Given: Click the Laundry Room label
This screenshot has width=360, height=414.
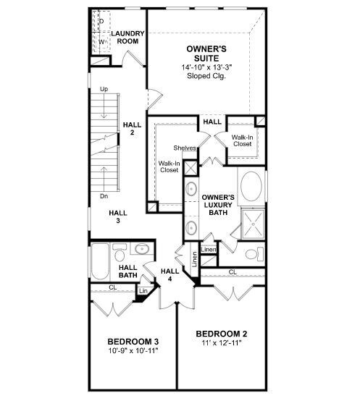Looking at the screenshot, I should (127, 37).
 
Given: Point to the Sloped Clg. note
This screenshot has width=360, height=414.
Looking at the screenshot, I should (208, 75).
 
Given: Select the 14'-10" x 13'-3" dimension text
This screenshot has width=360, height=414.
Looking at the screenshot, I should (208, 67).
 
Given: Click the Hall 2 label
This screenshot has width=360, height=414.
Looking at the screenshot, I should (131, 128).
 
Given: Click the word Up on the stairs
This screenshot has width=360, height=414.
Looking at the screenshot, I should (104, 89).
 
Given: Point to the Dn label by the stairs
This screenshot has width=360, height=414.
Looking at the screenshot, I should (104, 196).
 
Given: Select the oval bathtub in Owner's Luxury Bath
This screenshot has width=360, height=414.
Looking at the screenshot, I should (252, 186).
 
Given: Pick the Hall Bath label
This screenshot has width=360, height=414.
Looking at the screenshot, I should (128, 271).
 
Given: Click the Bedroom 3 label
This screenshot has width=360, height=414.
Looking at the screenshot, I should (133, 342).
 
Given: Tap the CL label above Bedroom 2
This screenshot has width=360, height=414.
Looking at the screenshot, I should (233, 272).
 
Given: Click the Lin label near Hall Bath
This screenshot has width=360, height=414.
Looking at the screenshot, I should (143, 291).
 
